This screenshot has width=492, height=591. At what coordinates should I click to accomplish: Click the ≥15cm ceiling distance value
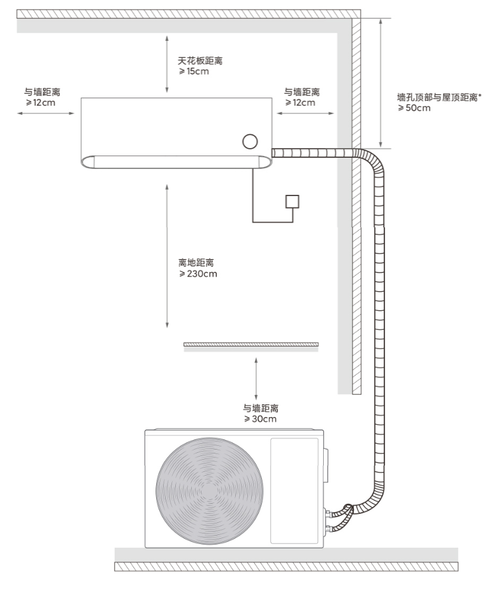pyautogui.click(x=193, y=71)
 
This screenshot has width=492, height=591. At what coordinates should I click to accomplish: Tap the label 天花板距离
pyautogui.click(x=200, y=61)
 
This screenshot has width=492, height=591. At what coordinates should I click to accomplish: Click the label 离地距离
pyautogui.click(x=196, y=262)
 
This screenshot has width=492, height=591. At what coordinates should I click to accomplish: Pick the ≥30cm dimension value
pyautogui.click(x=259, y=419)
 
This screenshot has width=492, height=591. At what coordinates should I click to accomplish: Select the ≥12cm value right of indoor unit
pyautogui.click(x=300, y=103)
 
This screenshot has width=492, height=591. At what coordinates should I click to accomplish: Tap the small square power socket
pyautogui.click(x=293, y=201)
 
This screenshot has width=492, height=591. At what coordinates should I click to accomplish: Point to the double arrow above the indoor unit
pyautogui.click(x=166, y=64)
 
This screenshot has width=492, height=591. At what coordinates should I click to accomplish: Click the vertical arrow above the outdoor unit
pyautogui.click(x=256, y=378)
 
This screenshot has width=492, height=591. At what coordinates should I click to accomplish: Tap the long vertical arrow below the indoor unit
pyautogui.click(x=166, y=255)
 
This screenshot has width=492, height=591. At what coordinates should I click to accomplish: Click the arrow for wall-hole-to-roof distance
pyautogui.click(x=380, y=83)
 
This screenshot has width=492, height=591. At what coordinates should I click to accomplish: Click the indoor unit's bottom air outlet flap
pyautogui.click(x=175, y=162)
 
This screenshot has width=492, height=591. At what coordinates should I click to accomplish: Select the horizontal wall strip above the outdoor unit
pyautogui.click(x=251, y=345)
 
